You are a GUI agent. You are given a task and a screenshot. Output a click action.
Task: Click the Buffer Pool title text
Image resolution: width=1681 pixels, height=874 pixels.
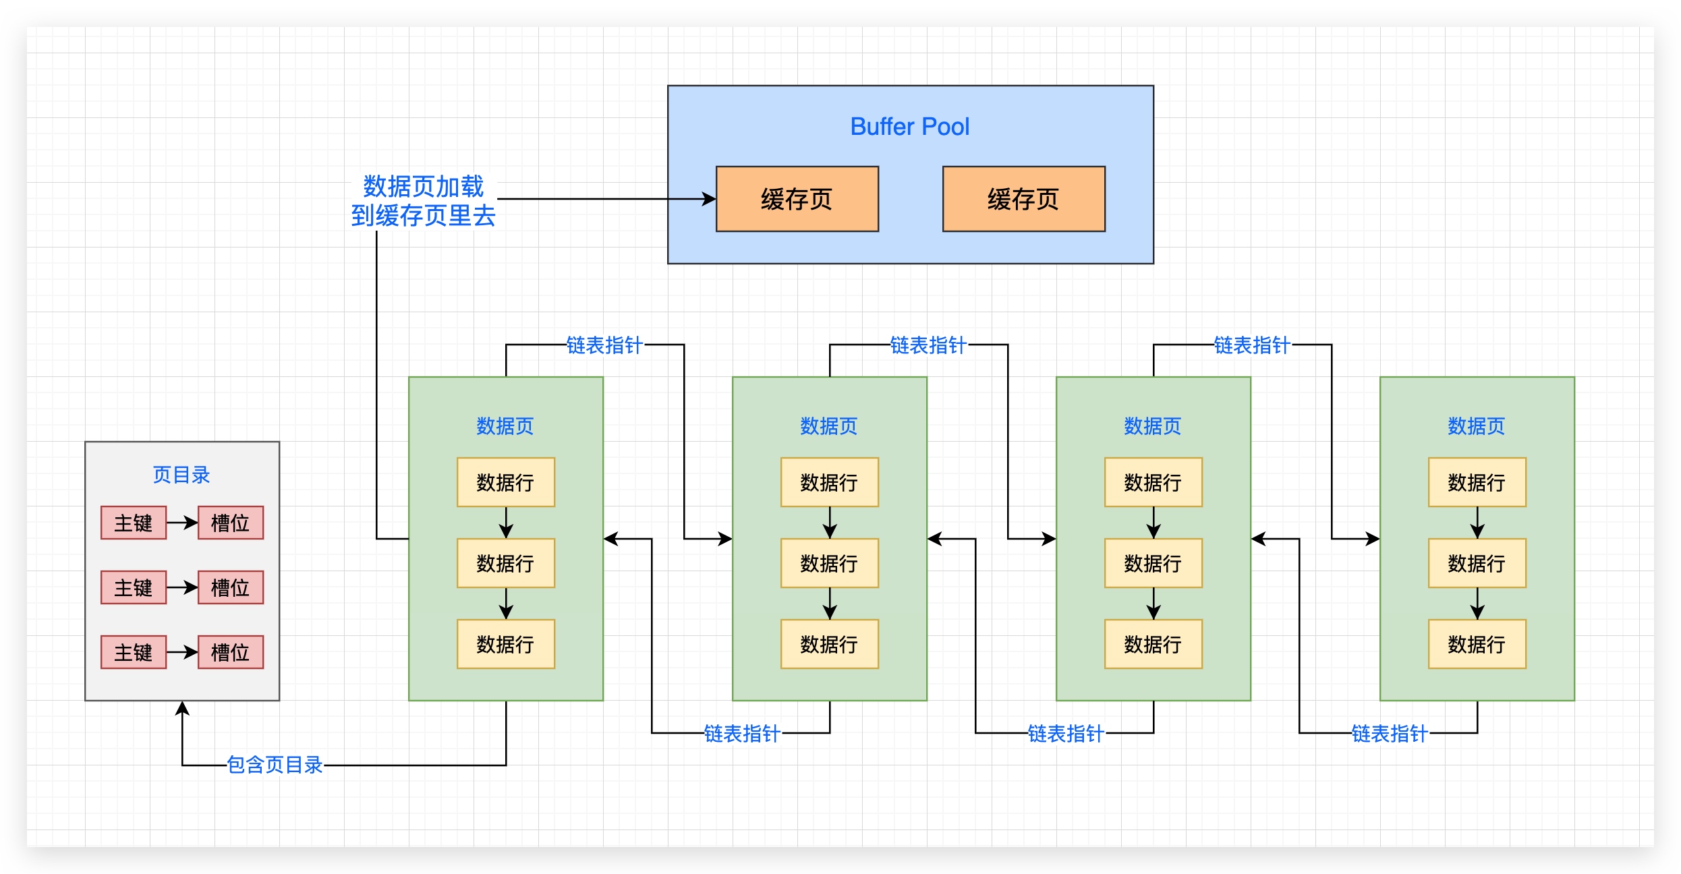[x=909, y=127]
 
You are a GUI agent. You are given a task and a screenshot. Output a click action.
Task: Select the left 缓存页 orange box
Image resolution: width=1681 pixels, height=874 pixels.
[x=797, y=199]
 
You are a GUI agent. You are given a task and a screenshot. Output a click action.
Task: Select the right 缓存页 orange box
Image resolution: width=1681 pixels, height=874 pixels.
[x=1023, y=199]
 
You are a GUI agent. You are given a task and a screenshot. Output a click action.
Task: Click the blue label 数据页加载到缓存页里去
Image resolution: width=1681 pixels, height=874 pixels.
[x=424, y=201]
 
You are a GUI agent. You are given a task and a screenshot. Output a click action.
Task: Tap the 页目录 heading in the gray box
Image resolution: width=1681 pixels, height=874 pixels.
[x=181, y=475]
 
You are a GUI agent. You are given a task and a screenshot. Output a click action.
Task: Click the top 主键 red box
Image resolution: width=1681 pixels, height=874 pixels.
[x=134, y=523]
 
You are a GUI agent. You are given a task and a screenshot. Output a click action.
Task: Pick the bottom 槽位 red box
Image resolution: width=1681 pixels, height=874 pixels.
[x=231, y=652]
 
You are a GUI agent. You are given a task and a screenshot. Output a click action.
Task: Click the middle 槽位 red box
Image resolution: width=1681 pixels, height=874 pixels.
[x=231, y=587]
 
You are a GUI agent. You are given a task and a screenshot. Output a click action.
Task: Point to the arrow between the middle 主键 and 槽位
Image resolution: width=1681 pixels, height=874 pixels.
[x=182, y=587]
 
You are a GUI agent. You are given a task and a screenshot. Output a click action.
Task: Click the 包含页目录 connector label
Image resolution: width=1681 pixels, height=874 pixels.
[x=275, y=765]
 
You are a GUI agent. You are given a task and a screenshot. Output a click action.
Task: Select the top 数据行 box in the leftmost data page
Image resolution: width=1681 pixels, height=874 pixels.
[x=505, y=482]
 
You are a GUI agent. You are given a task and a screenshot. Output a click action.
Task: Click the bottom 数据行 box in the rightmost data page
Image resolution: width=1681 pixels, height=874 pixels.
[x=1477, y=644]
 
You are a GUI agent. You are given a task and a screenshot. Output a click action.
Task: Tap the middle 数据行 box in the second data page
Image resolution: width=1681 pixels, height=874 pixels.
[x=829, y=563]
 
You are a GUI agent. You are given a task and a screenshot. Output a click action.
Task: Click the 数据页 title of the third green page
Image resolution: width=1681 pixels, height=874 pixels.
[x=1153, y=426]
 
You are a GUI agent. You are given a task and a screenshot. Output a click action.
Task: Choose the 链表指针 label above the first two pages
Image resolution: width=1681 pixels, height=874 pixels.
[x=604, y=345]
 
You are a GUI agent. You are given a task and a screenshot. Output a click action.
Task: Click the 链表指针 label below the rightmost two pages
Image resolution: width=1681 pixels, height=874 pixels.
[x=1390, y=733]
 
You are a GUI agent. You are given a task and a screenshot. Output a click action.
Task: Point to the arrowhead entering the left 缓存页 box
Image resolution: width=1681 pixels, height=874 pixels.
[x=710, y=199]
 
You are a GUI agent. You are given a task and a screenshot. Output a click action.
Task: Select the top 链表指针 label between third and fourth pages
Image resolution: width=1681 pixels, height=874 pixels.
[x=1252, y=345]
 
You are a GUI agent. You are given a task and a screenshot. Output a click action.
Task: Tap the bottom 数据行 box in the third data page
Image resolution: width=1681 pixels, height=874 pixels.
[x=1153, y=644]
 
